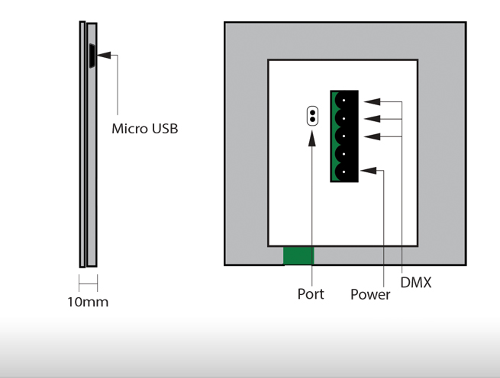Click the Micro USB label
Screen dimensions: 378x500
[144, 128]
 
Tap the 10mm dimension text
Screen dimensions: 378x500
[88, 302]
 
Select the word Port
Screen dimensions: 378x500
[311, 293]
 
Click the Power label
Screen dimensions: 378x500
[370, 294]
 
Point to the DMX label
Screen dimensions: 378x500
[416, 283]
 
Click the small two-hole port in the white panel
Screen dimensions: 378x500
[311, 116]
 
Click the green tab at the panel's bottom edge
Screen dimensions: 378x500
[298, 255]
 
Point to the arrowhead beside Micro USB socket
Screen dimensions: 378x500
[103, 55]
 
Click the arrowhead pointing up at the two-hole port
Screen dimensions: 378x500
[311, 137]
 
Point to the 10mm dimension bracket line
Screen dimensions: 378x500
[88, 283]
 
